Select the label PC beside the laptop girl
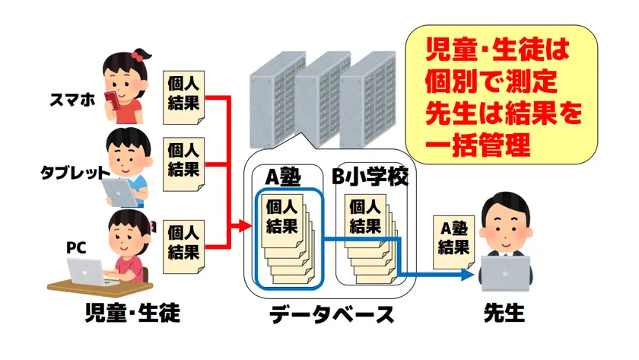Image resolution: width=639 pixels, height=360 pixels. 76,247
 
